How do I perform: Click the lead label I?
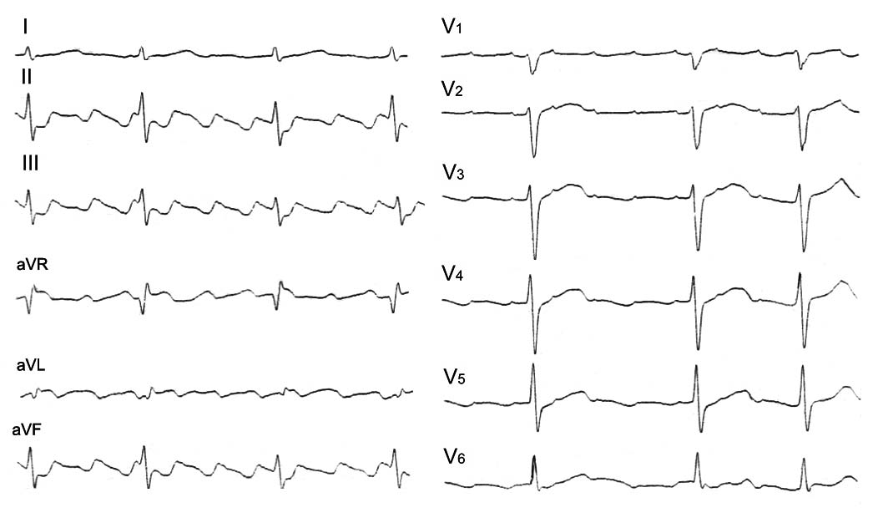pos(27,28)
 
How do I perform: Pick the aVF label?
pos(28,431)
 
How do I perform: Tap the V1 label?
pos(452,28)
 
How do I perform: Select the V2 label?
pos(453,90)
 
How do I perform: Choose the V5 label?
pos(455,377)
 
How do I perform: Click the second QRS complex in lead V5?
pos(697,397)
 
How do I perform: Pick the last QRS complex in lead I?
pos(394,54)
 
